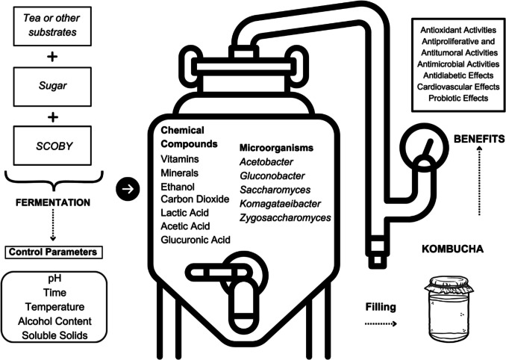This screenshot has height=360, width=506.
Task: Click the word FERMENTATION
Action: pyautogui.click(x=53, y=202)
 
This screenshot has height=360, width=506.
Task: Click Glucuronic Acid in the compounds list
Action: pyautogui.click(x=196, y=239)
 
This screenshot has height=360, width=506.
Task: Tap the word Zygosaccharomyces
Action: pyautogui.click(x=285, y=217)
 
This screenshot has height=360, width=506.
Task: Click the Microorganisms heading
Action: pyautogui.click(x=277, y=149)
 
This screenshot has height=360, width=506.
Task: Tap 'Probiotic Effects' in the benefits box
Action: pyautogui.click(x=455, y=98)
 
